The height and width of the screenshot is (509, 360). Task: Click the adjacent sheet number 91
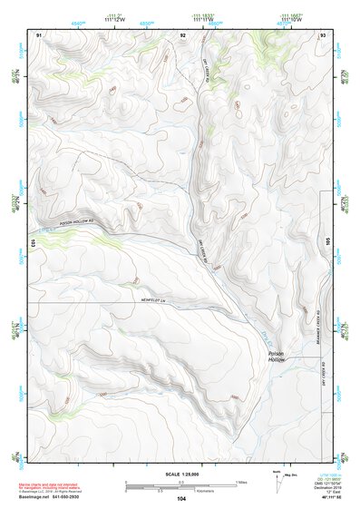tap(39, 34)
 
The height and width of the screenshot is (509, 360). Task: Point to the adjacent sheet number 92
tap(182, 34)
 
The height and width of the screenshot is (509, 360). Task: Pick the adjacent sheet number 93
tap(322, 34)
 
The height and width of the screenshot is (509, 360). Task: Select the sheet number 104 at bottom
tap(181, 499)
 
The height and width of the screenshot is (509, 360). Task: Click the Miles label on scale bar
tap(241, 481)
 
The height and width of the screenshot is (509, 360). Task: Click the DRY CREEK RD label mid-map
tap(203, 253)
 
